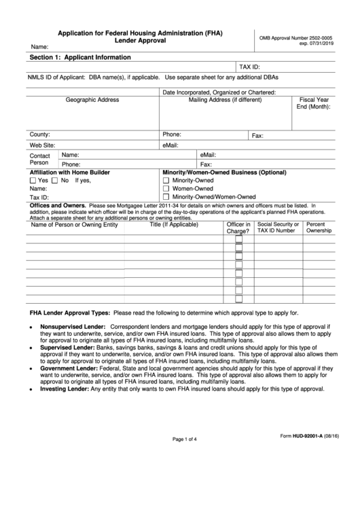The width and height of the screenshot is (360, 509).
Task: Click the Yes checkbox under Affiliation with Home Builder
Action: click(x=33, y=181)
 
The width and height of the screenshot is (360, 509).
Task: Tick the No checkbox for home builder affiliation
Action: click(x=56, y=181)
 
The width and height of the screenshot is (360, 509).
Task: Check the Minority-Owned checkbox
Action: click(x=166, y=181)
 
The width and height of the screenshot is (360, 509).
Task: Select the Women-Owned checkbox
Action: click(x=166, y=190)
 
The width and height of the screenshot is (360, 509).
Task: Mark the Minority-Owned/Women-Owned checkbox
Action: click(x=166, y=198)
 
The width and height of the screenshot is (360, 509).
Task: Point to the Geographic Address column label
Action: click(x=92, y=100)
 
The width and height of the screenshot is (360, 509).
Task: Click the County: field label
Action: click(x=40, y=135)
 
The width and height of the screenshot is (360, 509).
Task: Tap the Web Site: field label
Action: click(x=42, y=145)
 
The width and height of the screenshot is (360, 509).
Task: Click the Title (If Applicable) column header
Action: click(x=174, y=224)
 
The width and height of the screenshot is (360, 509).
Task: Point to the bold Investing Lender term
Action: click(x=64, y=389)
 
